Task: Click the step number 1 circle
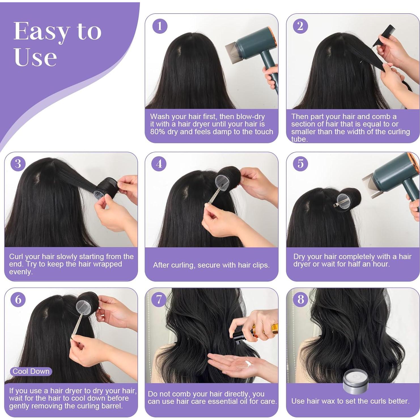coord(160,26)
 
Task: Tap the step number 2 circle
coord(300,26)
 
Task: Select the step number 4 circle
coord(159,164)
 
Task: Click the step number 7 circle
coord(159,300)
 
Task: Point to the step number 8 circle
coord(300,300)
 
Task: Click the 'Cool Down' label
coord(31,371)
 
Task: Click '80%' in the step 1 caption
coord(158,132)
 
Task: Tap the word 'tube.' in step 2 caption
coord(299,139)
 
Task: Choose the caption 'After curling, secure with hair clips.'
coord(211,265)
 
